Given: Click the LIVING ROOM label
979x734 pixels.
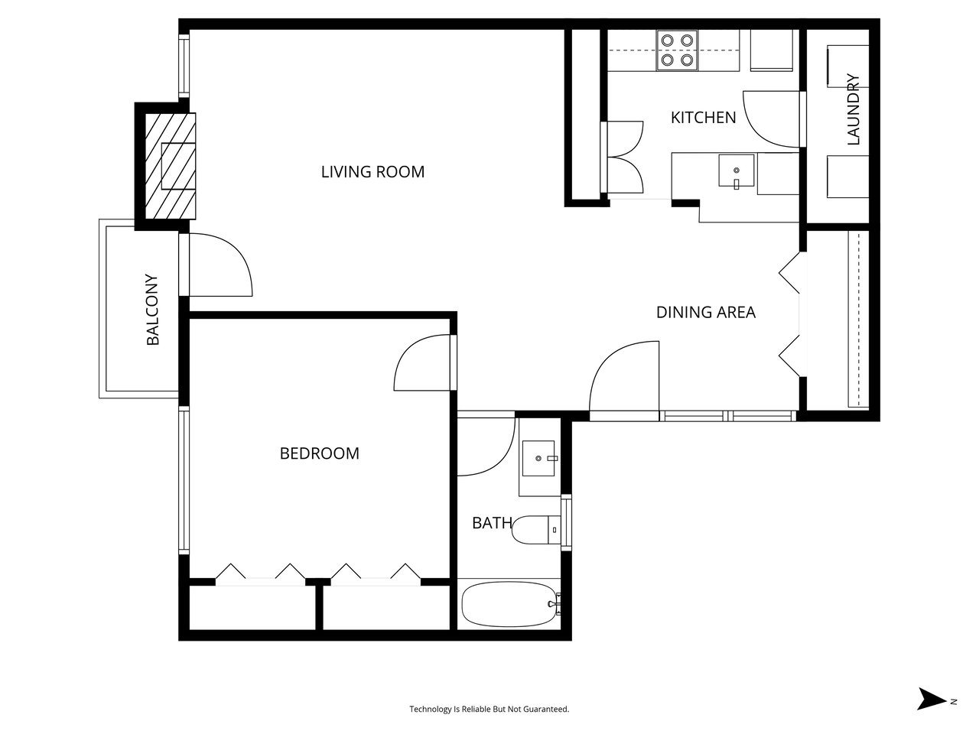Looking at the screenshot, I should pos(372,172).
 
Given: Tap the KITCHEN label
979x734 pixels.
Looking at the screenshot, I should pos(703,118).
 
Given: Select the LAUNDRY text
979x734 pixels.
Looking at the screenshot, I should pos(854,109).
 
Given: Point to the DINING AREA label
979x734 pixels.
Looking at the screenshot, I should pos(705,312).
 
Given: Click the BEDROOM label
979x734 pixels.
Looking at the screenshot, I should pos(319,453).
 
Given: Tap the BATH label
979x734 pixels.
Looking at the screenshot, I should pos(492,523).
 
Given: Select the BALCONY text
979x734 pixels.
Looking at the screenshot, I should pos(152,310).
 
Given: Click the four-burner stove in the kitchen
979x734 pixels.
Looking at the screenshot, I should pos(678,50).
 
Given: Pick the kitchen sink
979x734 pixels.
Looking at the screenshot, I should pos(736,171).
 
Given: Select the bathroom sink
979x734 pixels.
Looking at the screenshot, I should pos(541,458).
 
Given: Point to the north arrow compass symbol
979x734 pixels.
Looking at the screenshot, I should pos(931,699).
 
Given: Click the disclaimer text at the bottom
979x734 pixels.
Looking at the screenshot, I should pos(489,710).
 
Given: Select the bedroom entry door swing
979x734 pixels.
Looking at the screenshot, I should pos(423,363).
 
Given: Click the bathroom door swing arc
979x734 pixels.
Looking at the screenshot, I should pos(487,446).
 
